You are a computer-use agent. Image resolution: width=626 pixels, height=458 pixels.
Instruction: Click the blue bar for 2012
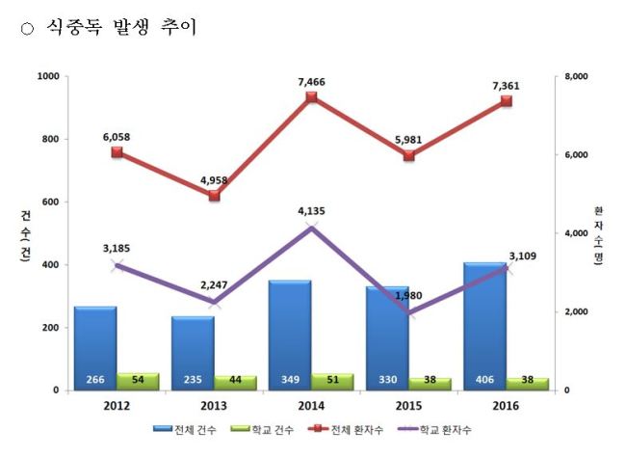point(95,348)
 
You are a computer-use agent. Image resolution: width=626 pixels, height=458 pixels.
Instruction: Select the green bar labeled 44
point(235,383)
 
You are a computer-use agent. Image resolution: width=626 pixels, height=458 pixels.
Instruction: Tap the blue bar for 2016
point(484,326)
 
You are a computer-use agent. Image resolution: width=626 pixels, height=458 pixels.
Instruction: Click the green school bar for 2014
point(332,382)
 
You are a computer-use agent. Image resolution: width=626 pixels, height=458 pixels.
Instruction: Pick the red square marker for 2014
point(311,97)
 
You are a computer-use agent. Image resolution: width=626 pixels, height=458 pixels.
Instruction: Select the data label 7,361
point(506,86)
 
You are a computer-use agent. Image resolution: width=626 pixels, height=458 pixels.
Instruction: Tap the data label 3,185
point(117,249)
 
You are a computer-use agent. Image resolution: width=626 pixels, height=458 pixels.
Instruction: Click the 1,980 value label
point(408,296)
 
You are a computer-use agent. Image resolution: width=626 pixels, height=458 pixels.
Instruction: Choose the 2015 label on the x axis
point(408,406)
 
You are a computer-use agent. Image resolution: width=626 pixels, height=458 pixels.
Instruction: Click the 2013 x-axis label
point(214,406)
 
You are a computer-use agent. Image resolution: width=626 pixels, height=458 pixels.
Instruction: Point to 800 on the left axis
point(51,139)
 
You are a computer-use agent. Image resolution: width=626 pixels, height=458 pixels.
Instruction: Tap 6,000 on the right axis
point(576,155)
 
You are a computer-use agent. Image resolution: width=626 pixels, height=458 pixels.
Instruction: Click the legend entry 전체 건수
point(185,430)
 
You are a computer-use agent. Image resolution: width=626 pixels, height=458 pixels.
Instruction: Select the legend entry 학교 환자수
point(434,430)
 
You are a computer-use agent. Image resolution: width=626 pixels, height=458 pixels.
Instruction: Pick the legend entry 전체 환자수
point(346,430)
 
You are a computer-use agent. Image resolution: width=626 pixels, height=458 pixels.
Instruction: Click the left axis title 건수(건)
point(25,236)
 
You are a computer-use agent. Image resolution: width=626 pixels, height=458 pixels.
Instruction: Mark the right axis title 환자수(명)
point(598,235)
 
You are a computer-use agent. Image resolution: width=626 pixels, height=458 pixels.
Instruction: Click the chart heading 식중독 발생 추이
point(121,27)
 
